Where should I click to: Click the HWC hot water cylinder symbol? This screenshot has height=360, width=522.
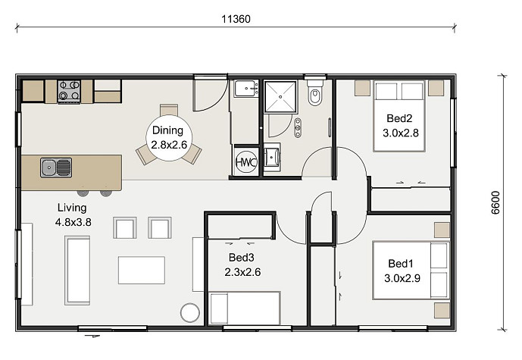(x=246, y=162)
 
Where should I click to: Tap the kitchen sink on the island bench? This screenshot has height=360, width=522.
(x=56, y=167)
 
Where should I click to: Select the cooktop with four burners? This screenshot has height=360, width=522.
(x=69, y=91)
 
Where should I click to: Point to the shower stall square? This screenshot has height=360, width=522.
(x=280, y=96)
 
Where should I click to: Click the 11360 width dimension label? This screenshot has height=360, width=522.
(x=236, y=19)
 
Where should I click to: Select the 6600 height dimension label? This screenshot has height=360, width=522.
(x=495, y=202)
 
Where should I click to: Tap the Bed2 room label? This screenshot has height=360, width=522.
(x=399, y=118)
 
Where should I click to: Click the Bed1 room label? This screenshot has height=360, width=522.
(x=401, y=264)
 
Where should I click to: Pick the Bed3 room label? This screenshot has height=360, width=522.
(x=242, y=258)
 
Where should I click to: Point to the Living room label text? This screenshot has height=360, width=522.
(x=72, y=208)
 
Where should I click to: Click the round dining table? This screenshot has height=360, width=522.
(x=169, y=138)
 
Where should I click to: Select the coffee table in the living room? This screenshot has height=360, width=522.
(x=142, y=270)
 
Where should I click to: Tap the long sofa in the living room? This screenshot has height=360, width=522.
(x=77, y=271)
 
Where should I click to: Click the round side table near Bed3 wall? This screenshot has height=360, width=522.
(x=190, y=312)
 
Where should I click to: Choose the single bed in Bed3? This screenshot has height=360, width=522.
(x=245, y=308)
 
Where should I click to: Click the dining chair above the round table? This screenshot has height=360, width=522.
(x=169, y=110)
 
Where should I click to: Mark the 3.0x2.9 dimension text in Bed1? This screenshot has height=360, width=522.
(x=402, y=278)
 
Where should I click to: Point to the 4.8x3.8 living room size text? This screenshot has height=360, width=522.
(x=73, y=222)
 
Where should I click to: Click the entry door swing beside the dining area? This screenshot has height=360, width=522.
(x=211, y=95)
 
